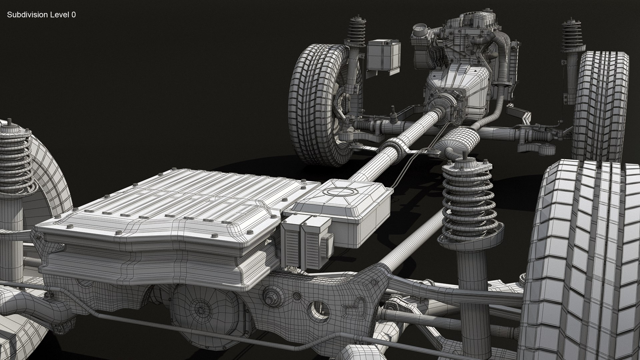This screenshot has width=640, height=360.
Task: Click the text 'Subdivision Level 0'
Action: [x=41, y=15]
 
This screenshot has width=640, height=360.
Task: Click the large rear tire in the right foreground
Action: [x=580, y=260]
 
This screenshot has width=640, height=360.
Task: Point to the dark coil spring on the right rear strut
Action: [x=467, y=200]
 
